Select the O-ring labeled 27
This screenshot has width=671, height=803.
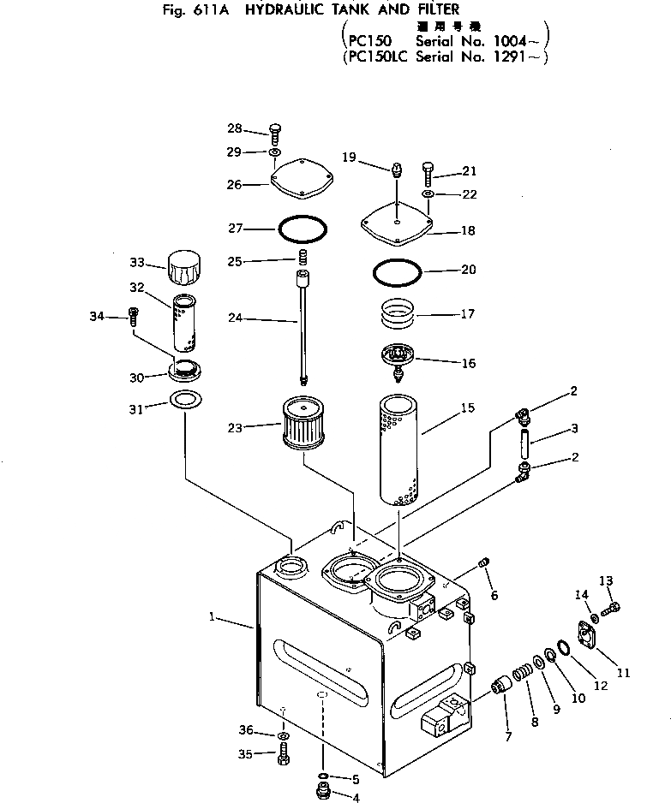(x=303, y=229)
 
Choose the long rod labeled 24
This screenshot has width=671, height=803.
(x=303, y=330)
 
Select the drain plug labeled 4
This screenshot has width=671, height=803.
(x=323, y=795)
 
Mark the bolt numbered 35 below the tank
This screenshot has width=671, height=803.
(x=284, y=756)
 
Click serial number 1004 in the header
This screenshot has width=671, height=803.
(x=517, y=40)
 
